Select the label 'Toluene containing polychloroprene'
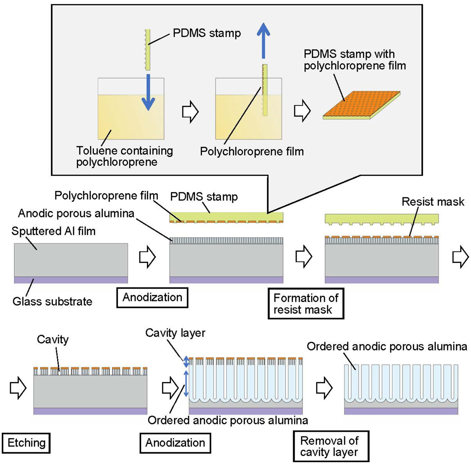pyautogui.click(x=124, y=156)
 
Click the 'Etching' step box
pyautogui.click(x=26, y=443)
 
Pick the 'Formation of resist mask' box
pyautogui.click(x=306, y=303)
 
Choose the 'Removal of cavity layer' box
pyautogui.click(x=331, y=446)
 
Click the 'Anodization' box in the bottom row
pyautogui.click(x=175, y=443)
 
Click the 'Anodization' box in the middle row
pyautogui.click(x=152, y=297)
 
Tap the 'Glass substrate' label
pyautogui.click(x=52, y=301)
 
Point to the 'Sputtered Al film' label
pyautogui.click(x=53, y=231)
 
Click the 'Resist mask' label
pyautogui.click(x=433, y=202)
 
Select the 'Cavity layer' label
pyautogui.click(x=175, y=333)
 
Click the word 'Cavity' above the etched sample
pyautogui.click(x=53, y=339)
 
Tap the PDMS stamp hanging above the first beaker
pyautogui.click(x=148, y=50)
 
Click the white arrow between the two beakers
pyautogui.click(x=190, y=112)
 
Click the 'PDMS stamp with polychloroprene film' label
pyautogui.click(x=355, y=60)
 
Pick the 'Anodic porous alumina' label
pyautogui.click(x=76, y=213)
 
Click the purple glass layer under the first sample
pyautogui.click(x=71, y=280)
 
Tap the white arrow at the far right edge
pyautogui.click(x=461, y=257)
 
